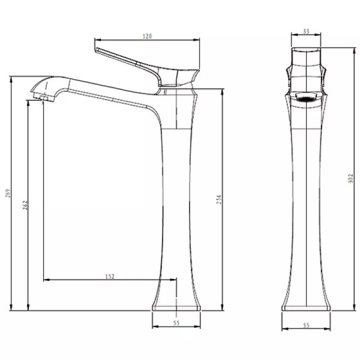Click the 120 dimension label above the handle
pos(147,36)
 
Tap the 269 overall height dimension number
pos(8,193)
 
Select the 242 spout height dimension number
pos(25,205)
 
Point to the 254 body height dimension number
pos(219,200)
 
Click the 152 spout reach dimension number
pos(110,277)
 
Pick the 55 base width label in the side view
pos(176,323)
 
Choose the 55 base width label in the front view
pos(306,325)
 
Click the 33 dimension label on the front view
pos(306,31)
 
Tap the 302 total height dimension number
pos(350,178)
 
